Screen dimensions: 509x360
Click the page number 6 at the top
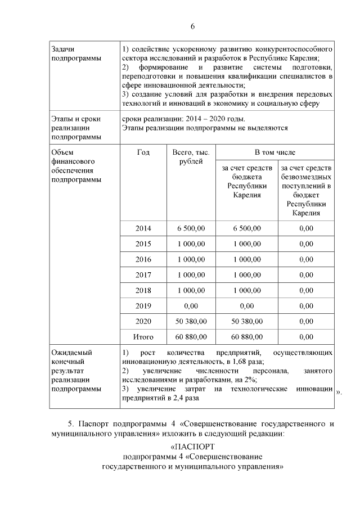pos(192,26)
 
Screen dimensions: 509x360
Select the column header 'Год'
pos(143,152)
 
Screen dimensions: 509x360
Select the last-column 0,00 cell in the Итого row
pos(306,337)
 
